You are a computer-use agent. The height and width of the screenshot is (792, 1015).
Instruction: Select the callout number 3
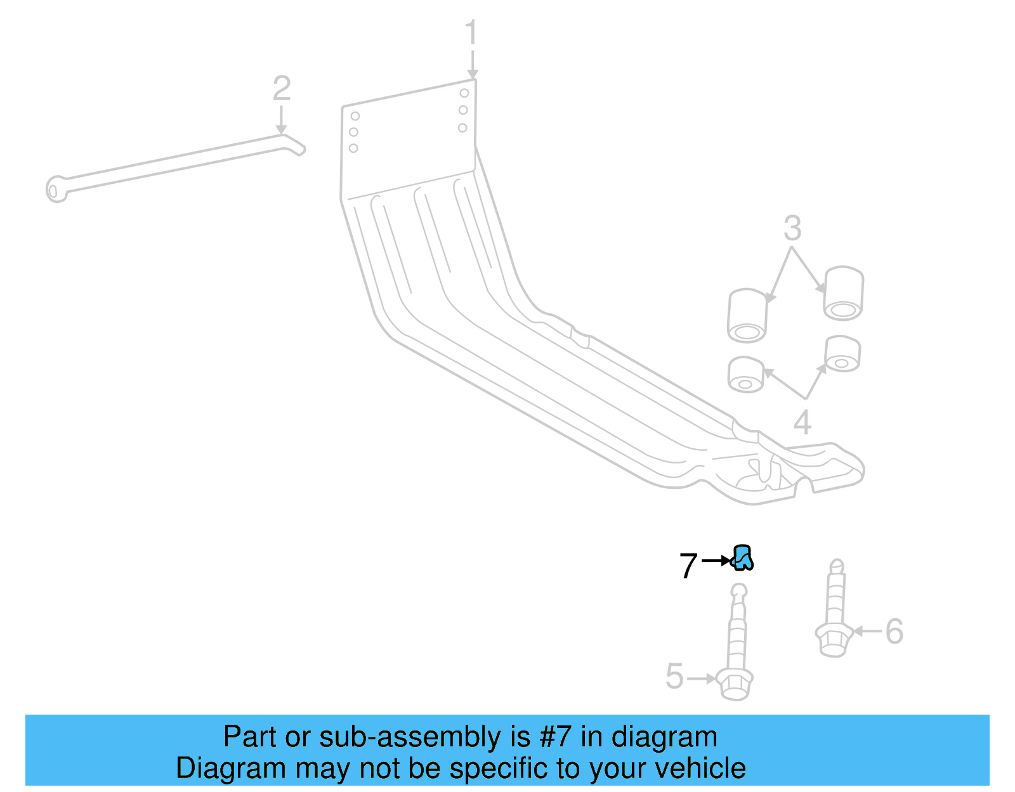coord(792,228)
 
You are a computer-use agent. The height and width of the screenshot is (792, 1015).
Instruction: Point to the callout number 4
coord(802,422)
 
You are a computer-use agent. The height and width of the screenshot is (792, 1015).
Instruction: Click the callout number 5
coord(675,676)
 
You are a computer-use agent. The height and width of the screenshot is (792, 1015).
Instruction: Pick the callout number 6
coord(894,632)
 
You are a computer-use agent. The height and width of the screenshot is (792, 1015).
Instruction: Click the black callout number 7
coord(688,566)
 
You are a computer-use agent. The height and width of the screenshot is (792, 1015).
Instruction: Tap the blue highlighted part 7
coord(742,558)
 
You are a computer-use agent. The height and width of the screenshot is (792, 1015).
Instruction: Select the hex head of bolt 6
coord(832,641)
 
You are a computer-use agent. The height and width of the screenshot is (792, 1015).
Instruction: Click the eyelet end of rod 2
coord(56,189)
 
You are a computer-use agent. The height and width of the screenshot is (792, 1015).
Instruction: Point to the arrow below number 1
coord(472,65)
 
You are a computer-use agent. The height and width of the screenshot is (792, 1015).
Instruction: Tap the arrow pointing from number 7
coord(716,561)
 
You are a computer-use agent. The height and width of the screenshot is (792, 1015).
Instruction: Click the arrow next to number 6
coord(867,631)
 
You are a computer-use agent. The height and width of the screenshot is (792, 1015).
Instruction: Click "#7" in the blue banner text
coord(556,737)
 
